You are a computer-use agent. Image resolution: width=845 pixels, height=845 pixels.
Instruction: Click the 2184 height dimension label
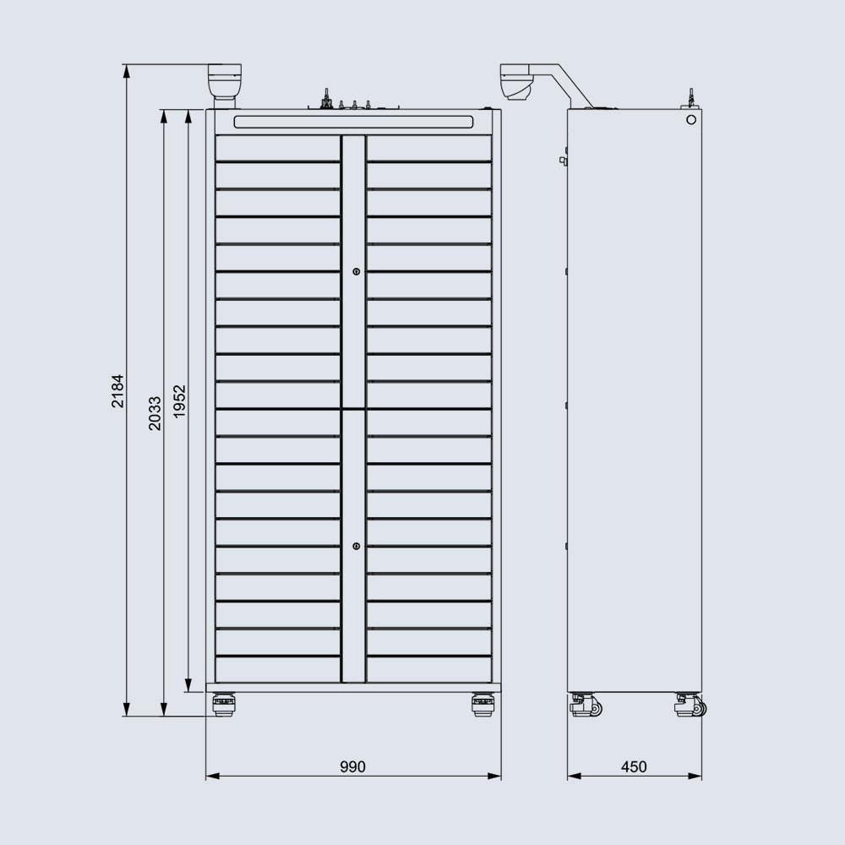pyautogui.click(x=117, y=390)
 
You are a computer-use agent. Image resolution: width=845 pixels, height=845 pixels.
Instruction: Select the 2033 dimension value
pyautogui.click(x=155, y=413)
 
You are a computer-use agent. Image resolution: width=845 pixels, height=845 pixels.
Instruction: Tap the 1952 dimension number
pyautogui.click(x=179, y=401)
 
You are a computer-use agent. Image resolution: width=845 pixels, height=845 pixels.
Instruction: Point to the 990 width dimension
pyautogui.click(x=352, y=766)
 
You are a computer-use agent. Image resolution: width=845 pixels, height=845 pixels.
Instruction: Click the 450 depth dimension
pyautogui.click(x=634, y=766)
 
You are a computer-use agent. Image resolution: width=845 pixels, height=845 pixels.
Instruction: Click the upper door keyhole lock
pyautogui.click(x=357, y=271)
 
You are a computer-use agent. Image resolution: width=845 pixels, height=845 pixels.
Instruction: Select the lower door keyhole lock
pyautogui.click(x=357, y=547)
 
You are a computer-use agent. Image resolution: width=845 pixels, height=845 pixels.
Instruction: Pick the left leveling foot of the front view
pyautogui.click(x=223, y=704)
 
